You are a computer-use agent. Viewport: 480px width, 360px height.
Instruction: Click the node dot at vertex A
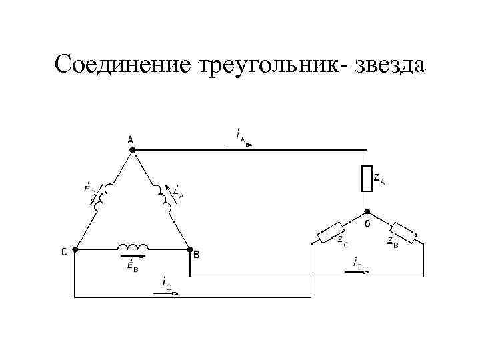[132, 151]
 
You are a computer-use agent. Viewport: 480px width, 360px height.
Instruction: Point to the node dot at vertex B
[189, 250]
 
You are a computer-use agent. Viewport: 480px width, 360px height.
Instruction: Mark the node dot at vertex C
[75, 250]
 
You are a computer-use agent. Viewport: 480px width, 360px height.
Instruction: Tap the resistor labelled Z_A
[366, 179]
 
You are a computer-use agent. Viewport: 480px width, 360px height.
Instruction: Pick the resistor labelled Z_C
[331, 231]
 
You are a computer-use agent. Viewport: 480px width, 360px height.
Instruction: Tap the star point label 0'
[369, 223]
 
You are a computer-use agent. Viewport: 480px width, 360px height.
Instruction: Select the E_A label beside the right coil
[178, 191]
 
